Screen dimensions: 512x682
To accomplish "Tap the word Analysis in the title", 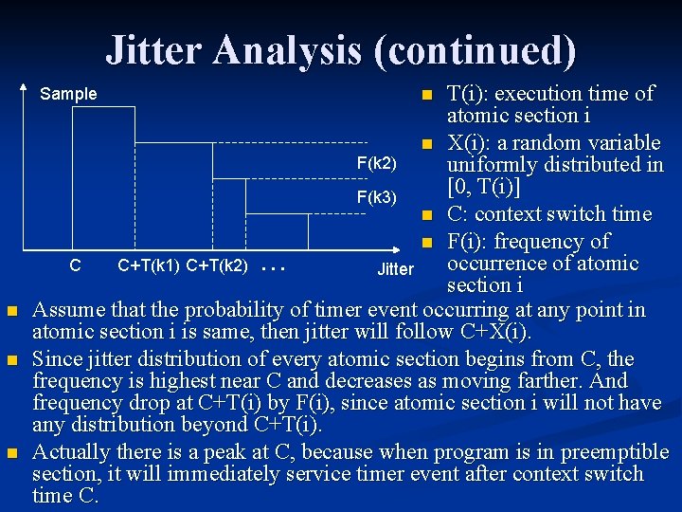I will [x=287, y=49].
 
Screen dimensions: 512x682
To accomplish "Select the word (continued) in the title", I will [x=474, y=49].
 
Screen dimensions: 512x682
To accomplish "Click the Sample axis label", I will [x=68, y=94].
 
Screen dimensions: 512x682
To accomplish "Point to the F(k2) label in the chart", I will [x=376, y=163].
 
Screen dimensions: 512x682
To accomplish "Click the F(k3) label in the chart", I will [x=376, y=197].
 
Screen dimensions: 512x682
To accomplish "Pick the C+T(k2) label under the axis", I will [x=218, y=266].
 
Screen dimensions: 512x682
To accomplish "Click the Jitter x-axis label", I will [x=395, y=269].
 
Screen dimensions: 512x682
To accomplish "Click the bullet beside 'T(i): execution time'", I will [x=427, y=95].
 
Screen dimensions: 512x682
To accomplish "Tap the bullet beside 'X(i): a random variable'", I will [x=427, y=144].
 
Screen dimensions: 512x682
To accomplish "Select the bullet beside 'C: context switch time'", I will [x=427, y=215].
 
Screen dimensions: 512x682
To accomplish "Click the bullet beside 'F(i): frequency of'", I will [x=427, y=242].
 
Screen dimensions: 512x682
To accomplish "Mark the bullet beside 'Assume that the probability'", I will [x=11, y=311].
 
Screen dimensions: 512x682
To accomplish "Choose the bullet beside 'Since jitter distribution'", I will [x=11, y=360].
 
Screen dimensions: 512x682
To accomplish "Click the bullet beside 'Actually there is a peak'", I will [x=11, y=453].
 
